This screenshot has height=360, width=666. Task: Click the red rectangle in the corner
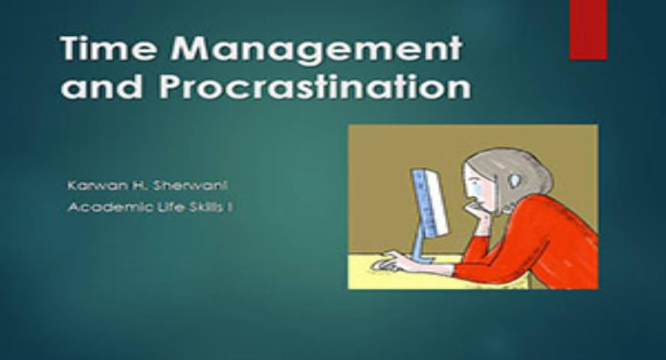pos(588,29)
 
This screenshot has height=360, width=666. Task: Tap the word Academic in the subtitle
pos(100,205)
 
